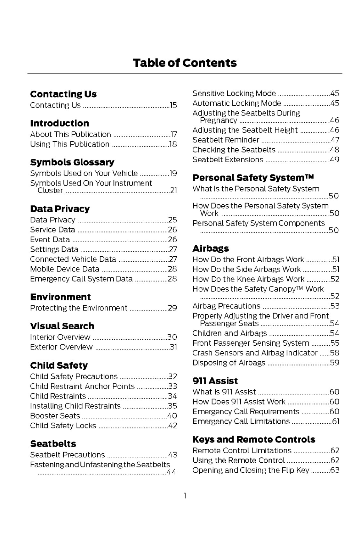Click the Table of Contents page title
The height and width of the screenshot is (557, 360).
[x=185, y=63]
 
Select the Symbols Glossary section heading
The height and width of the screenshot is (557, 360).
[x=72, y=162]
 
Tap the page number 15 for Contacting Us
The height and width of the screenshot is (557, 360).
[x=173, y=105]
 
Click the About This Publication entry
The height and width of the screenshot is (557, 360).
[x=70, y=134]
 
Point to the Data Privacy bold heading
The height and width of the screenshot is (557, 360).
[x=60, y=209]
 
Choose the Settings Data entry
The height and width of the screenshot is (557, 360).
[x=54, y=249]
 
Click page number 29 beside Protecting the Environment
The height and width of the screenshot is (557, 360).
[x=173, y=308]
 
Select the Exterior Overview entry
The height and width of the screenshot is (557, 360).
[x=61, y=347]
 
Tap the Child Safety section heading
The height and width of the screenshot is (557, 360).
[x=59, y=366]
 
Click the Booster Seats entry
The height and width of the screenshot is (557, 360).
[x=55, y=416]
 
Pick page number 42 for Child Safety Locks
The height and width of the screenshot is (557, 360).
[x=173, y=426]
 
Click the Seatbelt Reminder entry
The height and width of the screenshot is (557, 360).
[x=226, y=140]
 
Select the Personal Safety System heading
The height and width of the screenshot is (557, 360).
[x=253, y=178]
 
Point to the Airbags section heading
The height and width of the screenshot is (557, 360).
[x=211, y=249]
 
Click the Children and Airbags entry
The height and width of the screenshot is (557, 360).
[x=230, y=333]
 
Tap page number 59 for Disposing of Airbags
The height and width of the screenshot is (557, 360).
[x=335, y=363]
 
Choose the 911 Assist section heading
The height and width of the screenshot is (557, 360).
[x=215, y=381]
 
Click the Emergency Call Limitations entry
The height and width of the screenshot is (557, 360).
[x=241, y=422]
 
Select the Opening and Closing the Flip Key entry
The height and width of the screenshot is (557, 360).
[x=251, y=470]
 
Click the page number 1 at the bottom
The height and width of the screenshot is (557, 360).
[x=185, y=496]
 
